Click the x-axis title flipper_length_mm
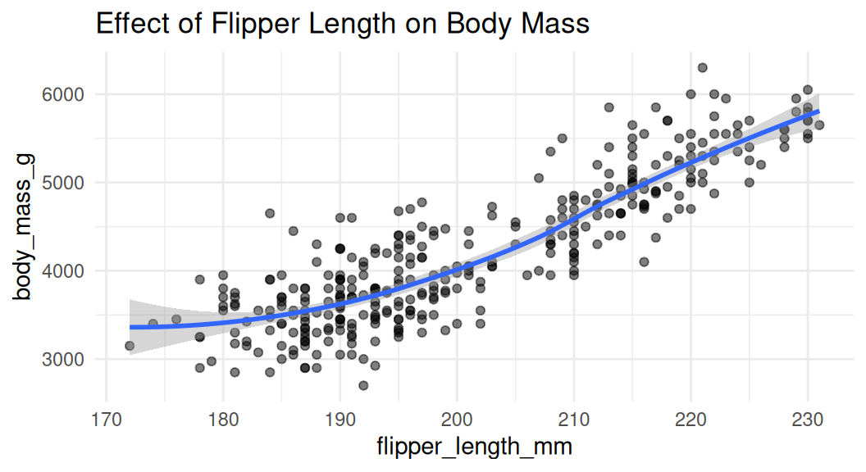click(x=474, y=447)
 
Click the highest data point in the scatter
click(x=702, y=68)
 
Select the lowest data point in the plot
click(x=363, y=385)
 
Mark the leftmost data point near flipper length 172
click(x=130, y=346)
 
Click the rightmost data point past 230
click(x=819, y=125)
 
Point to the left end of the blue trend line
click(x=130, y=327)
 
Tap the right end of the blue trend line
click(x=819, y=111)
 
